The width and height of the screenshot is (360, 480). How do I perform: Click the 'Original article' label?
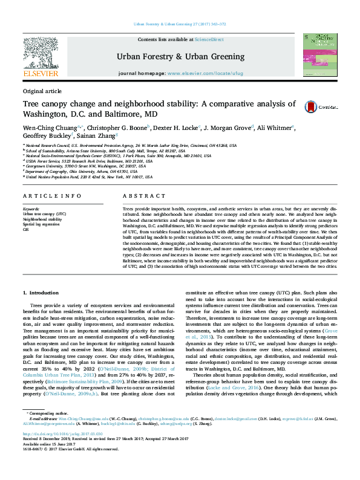click(42, 91)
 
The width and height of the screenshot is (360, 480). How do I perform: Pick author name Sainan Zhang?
click(99, 137)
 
